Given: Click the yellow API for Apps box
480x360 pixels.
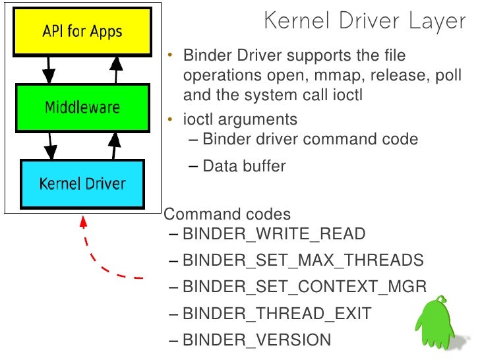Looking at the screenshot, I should point(82,31).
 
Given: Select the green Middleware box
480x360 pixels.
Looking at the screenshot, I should point(82,107).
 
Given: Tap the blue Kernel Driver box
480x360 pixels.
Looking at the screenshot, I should point(82,183).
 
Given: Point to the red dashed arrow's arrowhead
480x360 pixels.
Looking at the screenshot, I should point(84,222).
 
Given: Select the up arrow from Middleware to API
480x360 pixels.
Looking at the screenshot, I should point(117,69).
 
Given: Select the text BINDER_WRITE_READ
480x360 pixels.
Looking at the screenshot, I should point(274,233).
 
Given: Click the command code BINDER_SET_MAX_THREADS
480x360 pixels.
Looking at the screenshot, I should point(303,260).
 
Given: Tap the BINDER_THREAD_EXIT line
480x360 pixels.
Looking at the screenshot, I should point(277,313).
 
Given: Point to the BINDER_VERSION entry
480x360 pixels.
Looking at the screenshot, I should point(256,340).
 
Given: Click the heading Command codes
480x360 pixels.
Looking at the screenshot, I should point(227,214).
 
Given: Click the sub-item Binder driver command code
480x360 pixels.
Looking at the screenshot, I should point(310,139).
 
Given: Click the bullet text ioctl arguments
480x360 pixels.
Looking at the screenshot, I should point(240,119).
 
